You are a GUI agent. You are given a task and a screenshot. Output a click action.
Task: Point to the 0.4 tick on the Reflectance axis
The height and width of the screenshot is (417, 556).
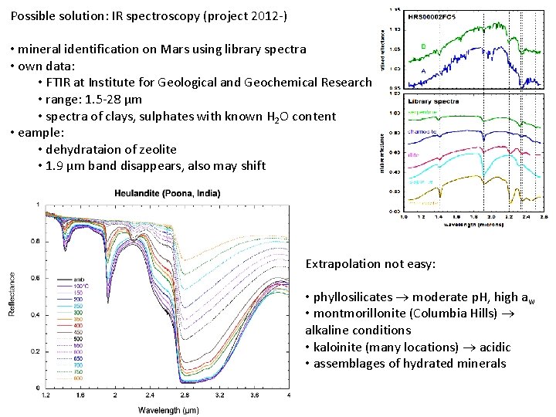pos(36,315)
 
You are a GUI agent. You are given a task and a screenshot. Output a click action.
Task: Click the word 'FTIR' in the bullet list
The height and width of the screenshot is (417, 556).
pos(59,83)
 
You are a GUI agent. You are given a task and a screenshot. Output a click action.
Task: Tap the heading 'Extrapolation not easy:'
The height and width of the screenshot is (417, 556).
pos(371,264)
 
